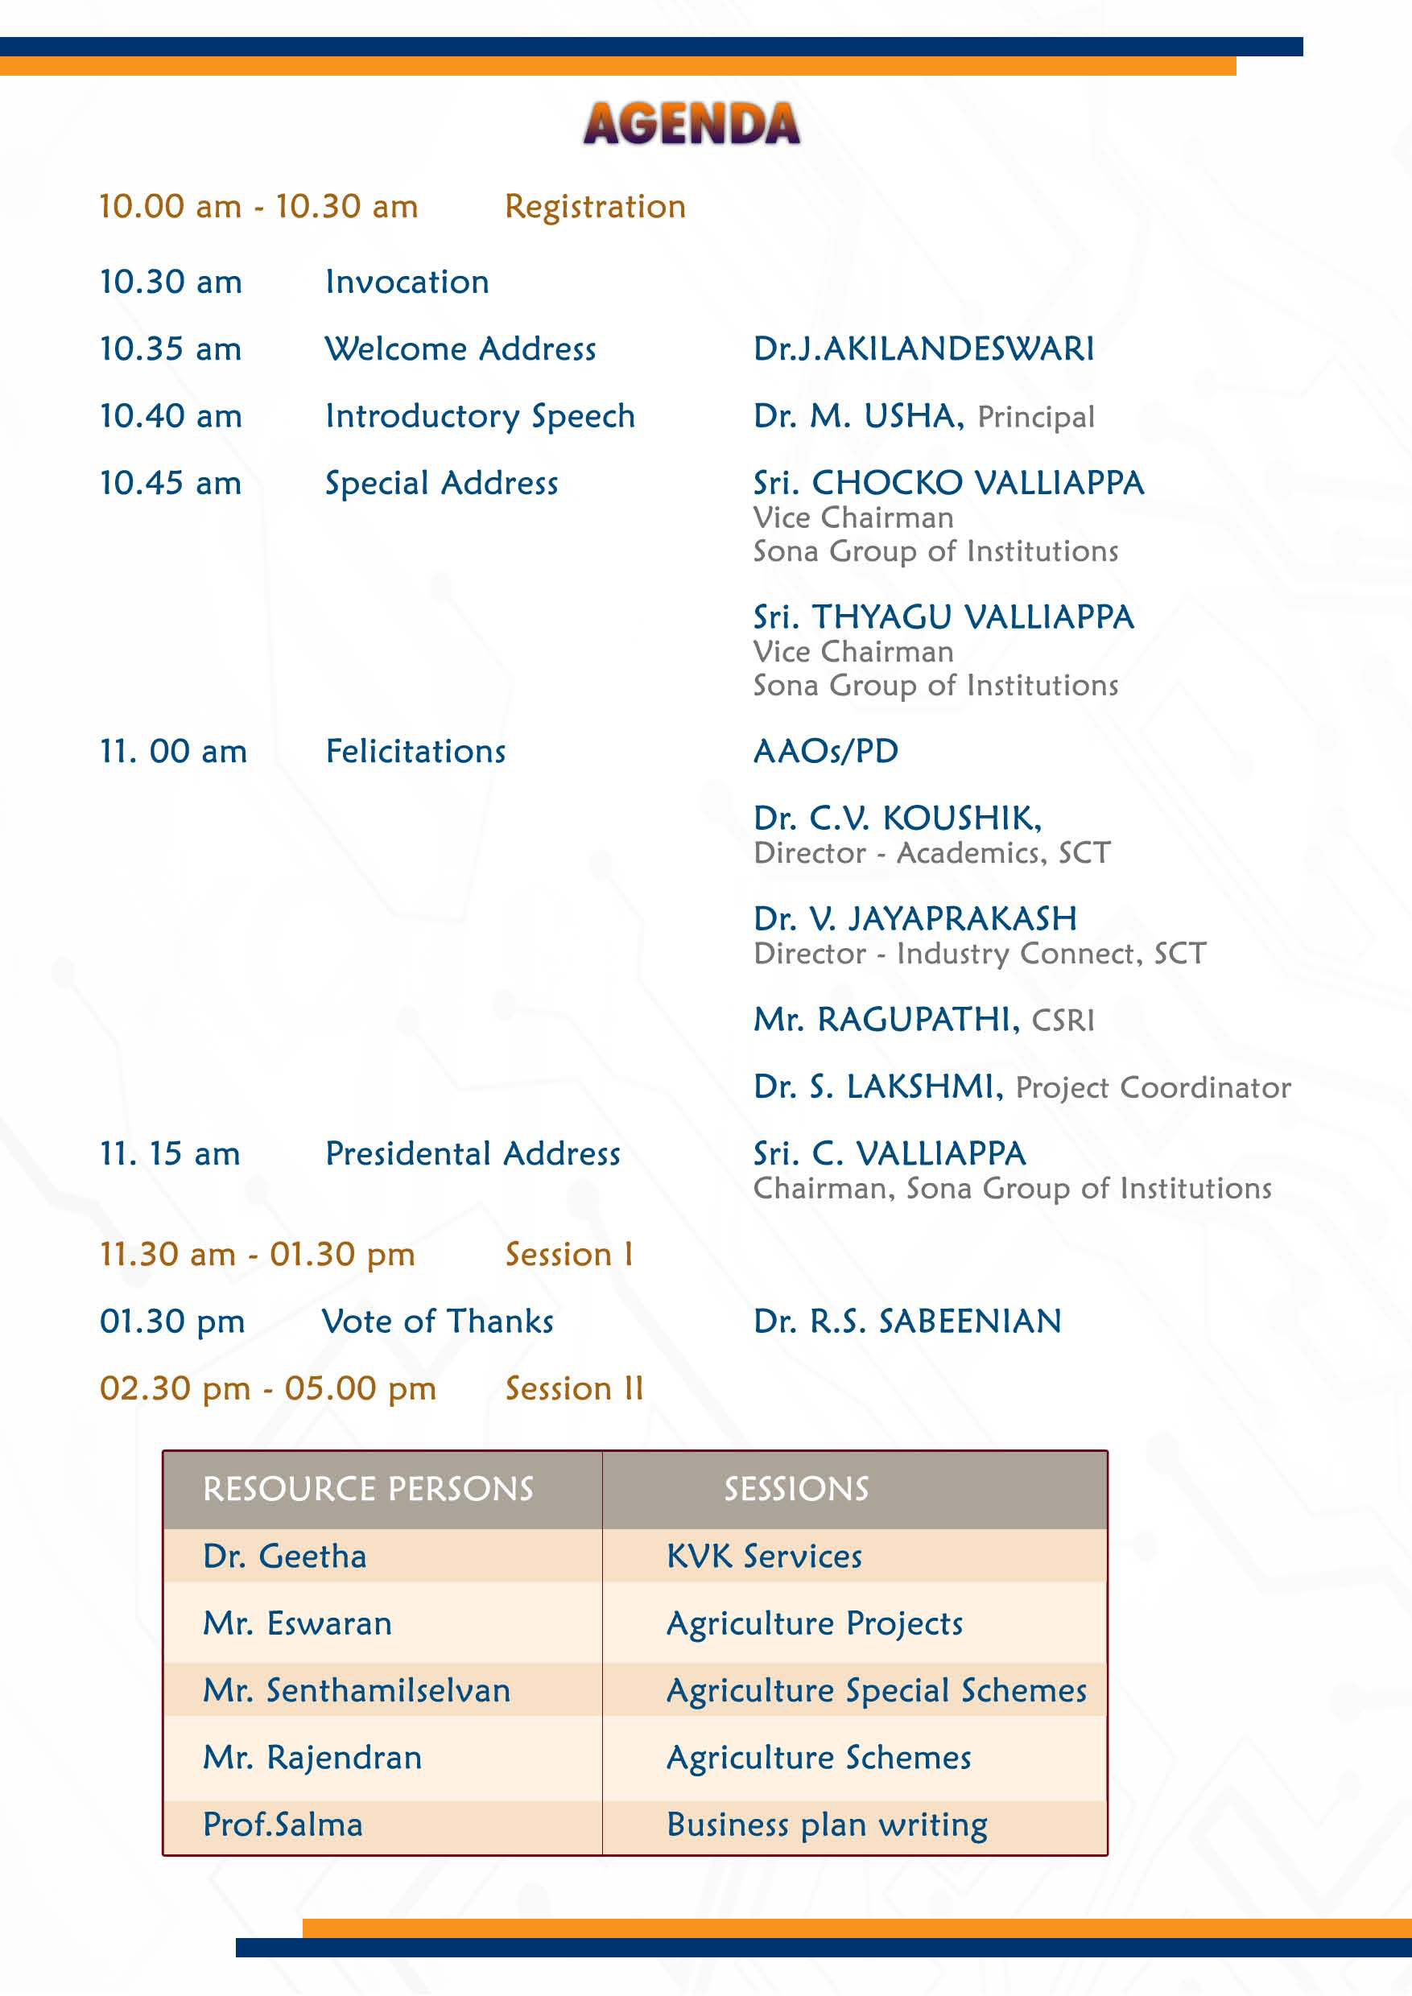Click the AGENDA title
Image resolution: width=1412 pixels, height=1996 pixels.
(692, 123)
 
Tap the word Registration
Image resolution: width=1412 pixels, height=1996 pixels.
(595, 207)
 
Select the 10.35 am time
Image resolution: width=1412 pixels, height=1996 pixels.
(171, 349)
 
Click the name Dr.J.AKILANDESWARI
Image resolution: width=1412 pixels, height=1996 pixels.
(923, 349)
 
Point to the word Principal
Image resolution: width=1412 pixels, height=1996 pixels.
(1035, 417)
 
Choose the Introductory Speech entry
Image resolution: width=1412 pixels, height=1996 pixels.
(480, 416)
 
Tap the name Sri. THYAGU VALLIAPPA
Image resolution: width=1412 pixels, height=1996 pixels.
(943, 617)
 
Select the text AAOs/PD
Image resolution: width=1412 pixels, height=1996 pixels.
(825, 751)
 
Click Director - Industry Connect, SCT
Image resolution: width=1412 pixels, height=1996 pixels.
(979, 954)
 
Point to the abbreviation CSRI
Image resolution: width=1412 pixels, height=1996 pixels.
(1063, 1020)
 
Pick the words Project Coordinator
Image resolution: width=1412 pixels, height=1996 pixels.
(1153, 1087)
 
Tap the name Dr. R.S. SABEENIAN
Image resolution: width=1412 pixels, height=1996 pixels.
(906, 1322)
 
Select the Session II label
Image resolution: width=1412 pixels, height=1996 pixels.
(574, 1388)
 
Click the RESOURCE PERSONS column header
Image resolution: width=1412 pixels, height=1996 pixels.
(368, 1489)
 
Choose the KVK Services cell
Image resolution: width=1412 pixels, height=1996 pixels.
(763, 1556)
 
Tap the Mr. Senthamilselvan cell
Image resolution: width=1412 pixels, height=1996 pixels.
(357, 1690)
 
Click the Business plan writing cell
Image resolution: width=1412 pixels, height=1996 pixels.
(826, 1825)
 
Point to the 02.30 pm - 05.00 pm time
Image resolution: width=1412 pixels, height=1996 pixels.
(268, 1388)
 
